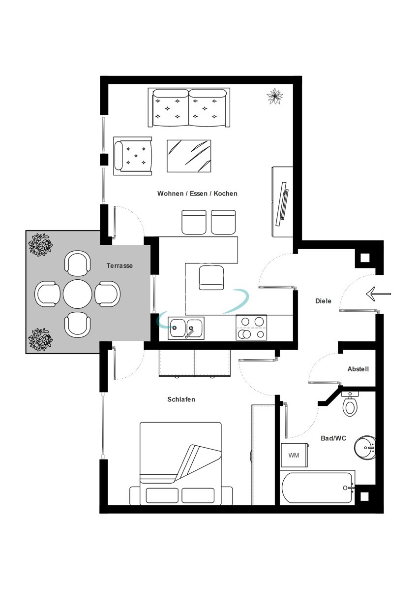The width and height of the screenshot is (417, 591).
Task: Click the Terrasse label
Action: (x=119, y=265)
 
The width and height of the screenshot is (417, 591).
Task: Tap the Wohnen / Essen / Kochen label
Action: (x=197, y=194)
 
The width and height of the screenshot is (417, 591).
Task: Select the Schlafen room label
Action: (x=181, y=399)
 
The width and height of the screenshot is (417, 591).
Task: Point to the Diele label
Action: (x=323, y=301)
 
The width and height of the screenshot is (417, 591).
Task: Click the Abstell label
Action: (x=358, y=369)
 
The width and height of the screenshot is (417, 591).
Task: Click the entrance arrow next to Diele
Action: (x=378, y=294)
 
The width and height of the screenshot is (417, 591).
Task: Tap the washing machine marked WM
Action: (x=294, y=455)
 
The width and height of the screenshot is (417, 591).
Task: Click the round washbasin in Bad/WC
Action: (x=365, y=447)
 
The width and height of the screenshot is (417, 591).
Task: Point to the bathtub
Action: (x=318, y=488)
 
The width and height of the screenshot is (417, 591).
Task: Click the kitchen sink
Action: (x=186, y=328)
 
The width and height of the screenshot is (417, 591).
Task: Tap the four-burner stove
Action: (x=251, y=328)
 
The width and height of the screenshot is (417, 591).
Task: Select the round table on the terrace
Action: (x=78, y=294)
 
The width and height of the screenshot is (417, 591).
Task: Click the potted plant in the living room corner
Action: (x=274, y=96)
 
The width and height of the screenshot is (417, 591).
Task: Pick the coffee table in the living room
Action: (x=189, y=156)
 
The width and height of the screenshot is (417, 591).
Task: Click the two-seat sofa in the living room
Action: (x=189, y=107)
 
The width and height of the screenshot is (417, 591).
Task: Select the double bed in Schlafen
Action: (x=180, y=463)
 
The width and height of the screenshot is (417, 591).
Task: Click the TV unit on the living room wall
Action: (x=283, y=202)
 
